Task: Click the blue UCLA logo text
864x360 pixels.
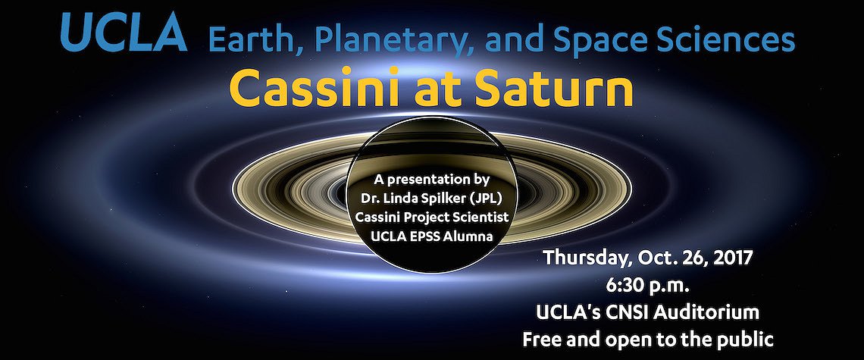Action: click(124, 33)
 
